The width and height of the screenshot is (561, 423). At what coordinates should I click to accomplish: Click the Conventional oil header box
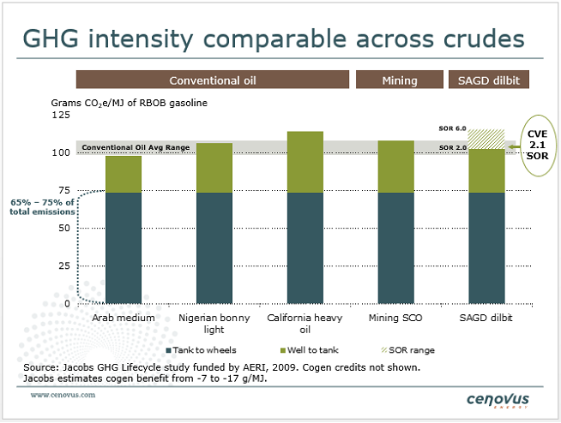(213, 80)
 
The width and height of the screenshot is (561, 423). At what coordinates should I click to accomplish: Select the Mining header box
(399, 80)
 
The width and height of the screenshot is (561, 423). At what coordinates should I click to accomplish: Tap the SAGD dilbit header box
(487, 80)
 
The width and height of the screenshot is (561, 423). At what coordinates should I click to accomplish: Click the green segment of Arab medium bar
(124, 174)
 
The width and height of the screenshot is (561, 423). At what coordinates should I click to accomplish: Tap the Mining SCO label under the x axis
(395, 318)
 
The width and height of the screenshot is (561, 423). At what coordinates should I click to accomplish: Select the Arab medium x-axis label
(124, 318)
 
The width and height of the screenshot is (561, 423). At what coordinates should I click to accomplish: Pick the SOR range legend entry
(411, 349)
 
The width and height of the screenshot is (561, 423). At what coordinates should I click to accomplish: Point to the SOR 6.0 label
(452, 128)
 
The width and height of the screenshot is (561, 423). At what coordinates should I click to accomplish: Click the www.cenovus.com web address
(63, 396)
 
